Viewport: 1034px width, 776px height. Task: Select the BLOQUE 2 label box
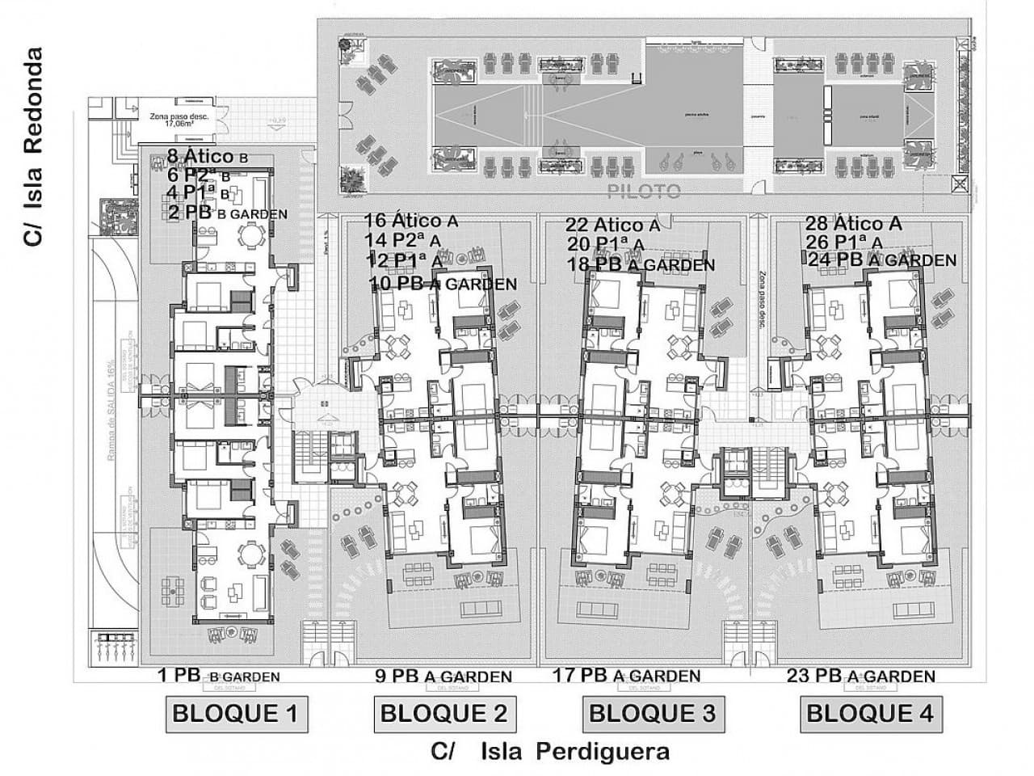click(443, 714)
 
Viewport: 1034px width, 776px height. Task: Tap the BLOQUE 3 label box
click(652, 714)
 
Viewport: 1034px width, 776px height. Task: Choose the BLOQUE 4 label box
click(870, 714)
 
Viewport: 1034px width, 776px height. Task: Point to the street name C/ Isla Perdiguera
click(550, 752)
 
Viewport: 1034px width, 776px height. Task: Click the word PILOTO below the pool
click(645, 192)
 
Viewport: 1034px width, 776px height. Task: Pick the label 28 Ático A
click(853, 223)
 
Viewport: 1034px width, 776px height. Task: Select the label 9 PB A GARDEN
click(443, 676)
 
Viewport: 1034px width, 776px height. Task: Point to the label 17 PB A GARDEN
click(627, 675)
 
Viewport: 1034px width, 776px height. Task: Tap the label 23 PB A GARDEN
click(860, 676)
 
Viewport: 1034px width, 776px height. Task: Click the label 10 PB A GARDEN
click(443, 284)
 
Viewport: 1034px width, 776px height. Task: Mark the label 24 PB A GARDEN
click(882, 260)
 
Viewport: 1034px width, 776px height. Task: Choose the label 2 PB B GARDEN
click(227, 213)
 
